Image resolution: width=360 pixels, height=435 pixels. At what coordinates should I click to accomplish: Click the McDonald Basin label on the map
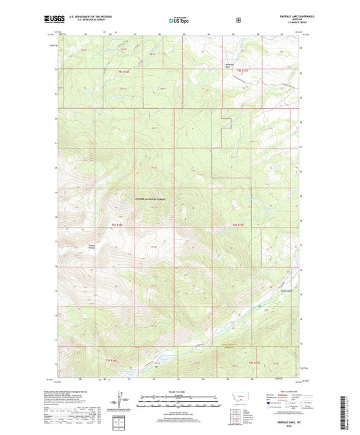point(228,66)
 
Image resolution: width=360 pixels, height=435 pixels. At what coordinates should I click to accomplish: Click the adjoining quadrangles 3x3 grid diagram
point(233,415)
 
